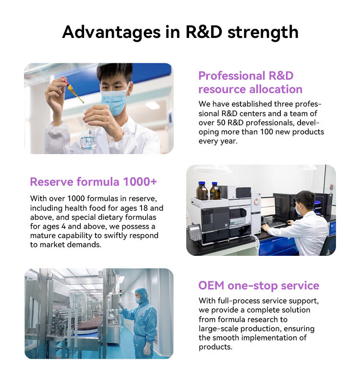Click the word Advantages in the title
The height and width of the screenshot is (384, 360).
tap(111, 32)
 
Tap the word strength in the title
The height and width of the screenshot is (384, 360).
tap(263, 32)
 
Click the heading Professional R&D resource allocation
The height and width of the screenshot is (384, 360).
tap(250, 83)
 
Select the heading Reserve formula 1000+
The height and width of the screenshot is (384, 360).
tap(93, 182)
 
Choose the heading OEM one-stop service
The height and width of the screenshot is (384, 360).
tap(259, 286)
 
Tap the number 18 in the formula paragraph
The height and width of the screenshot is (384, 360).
tap(144, 208)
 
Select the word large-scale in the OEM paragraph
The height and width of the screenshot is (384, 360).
tap(218, 329)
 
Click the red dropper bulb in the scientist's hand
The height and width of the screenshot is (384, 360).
tap(64, 80)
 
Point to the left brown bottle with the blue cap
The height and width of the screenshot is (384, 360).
tap(202, 191)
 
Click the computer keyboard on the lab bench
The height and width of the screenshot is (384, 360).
tap(276, 225)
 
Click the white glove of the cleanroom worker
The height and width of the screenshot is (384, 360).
tap(147, 349)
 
